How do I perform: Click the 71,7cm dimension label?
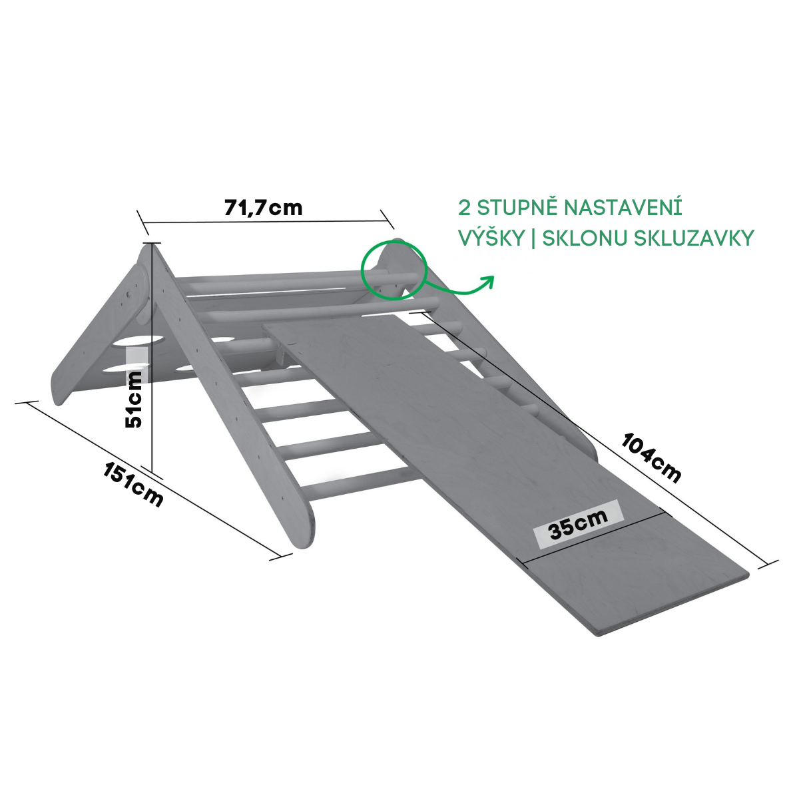(263, 208)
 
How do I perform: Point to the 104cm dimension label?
(651, 458)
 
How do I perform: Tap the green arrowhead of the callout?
(490, 281)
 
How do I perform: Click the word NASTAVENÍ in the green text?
(623, 207)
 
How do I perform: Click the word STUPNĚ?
(518, 207)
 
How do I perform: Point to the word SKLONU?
(584, 238)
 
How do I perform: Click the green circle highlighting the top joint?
(393, 270)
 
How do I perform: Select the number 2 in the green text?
(464, 207)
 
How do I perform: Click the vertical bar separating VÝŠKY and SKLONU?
(533, 238)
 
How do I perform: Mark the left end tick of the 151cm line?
(27, 403)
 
